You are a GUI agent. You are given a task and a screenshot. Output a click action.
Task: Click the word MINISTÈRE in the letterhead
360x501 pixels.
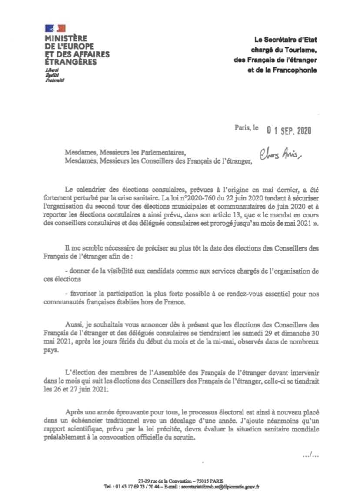[x=66, y=39]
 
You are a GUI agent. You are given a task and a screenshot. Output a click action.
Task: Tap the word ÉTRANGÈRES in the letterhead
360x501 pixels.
[x=71, y=62]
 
